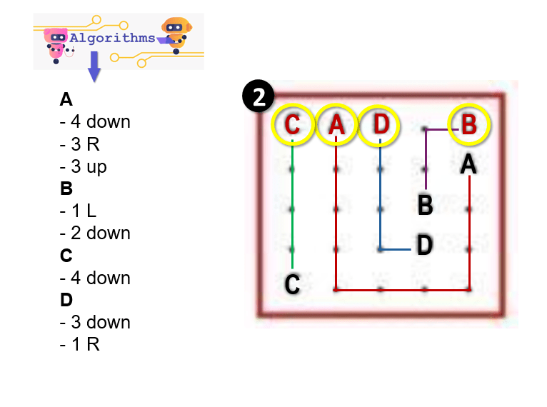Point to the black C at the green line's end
click(292, 284)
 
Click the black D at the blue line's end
click(425, 246)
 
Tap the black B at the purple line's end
click(425, 206)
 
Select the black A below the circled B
click(468, 165)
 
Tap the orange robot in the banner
click(175, 33)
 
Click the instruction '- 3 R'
click(79, 144)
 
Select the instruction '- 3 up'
click(84, 166)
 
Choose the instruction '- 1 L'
click(78, 211)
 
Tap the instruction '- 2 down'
click(95, 233)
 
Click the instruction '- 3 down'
click(95, 322)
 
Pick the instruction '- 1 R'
click(79, 344)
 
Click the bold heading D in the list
click(66, 300)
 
